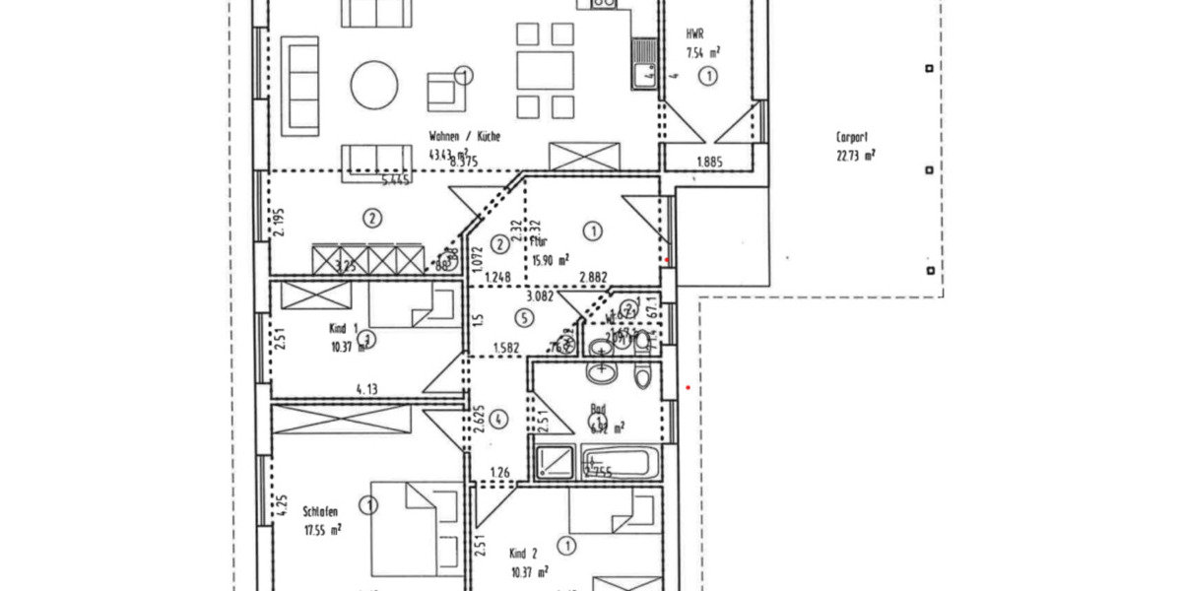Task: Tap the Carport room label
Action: [851, 139]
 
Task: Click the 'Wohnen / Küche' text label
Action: [464, 137]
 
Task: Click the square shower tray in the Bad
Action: [555, 461]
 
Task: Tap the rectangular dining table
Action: [546, 71]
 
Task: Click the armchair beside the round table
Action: [446, 92]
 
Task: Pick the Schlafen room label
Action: [321, 511]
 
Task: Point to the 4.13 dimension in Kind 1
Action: [367, 389]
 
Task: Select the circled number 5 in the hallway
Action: [524, 317]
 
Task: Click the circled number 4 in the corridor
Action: [499, 420]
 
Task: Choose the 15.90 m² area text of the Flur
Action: [551, 260]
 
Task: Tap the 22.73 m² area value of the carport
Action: [855, 155]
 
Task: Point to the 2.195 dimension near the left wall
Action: [278, 225]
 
